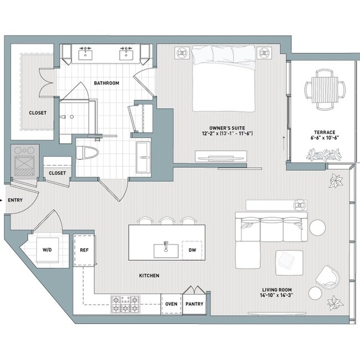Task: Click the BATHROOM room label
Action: (x=106, y=83)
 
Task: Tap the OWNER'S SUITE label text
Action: (x=228, y=126)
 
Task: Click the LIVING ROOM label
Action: (x=277, y=290)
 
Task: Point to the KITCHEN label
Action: (x=149, y=275)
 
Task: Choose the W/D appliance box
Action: (x=47, y=250)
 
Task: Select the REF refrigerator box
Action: (x=85, y=250)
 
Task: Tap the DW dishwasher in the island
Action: (x=192, y=249)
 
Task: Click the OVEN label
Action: (x=172, y=304)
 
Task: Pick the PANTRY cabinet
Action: (x=194, y=304)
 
